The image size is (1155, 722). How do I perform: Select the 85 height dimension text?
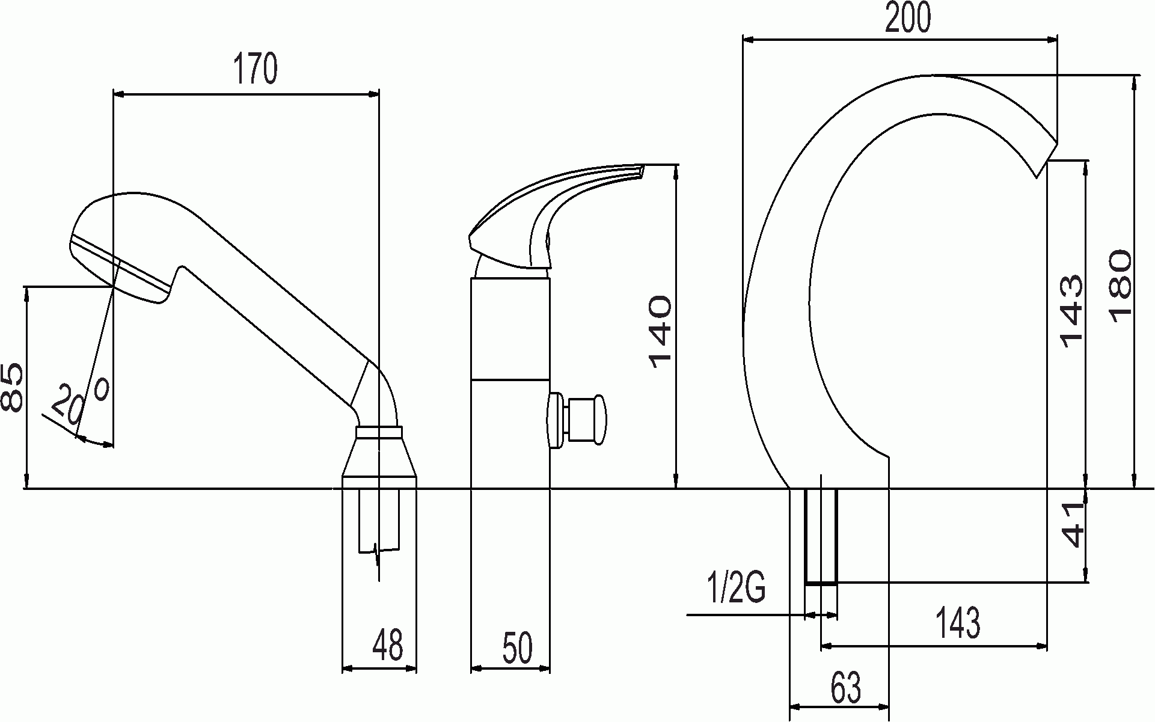[12, 388]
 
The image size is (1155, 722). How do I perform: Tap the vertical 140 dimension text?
[660, 331]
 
